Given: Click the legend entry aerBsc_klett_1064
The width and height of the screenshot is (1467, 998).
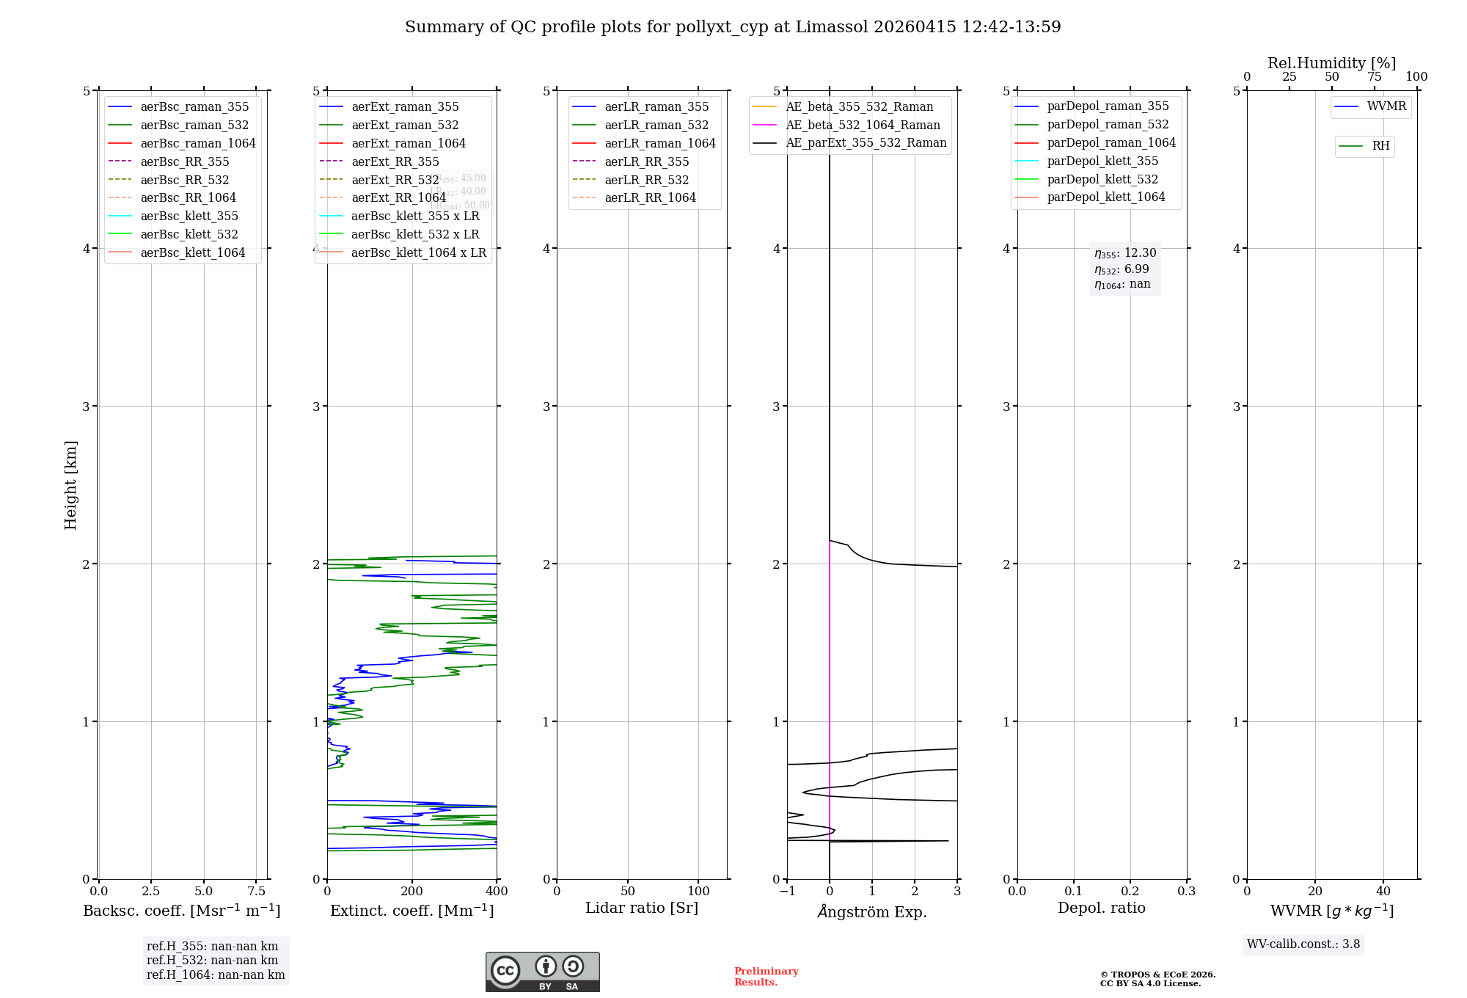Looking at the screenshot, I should tap(192, 252).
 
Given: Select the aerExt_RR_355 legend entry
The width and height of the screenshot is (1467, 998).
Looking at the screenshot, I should tap(395, 161).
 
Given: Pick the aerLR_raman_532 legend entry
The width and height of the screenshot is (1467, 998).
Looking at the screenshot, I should tap(656, 125).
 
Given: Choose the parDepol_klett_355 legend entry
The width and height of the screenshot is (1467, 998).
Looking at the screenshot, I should tap(1102, 161).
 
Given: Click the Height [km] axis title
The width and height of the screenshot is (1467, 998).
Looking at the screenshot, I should tap(70, 484).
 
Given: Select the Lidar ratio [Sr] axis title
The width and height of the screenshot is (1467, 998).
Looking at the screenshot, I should tap(642, 908).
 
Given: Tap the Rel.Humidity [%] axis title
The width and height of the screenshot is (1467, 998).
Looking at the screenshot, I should tap(1331, 63).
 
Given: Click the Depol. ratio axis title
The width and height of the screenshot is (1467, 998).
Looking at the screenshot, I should tap(1101, 908).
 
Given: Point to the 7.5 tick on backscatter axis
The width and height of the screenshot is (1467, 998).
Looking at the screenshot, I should tap(256, 891).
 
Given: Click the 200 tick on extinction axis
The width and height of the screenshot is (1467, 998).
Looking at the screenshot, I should tap(412, 891).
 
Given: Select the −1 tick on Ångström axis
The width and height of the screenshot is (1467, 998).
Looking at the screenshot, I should tap(787, 891).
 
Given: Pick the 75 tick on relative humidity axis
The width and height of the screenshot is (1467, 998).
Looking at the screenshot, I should tap(1374, 77).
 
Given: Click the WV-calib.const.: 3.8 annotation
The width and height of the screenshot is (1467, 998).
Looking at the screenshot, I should tap(1303, 944).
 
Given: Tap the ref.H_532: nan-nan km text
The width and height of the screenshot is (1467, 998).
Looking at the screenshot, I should tap(212, 960).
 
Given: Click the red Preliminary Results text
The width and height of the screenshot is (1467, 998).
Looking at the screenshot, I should tap(766, 976).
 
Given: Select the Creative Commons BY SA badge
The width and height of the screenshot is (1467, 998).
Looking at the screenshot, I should tap(542, 972).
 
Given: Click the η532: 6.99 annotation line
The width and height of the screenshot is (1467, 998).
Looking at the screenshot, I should tap(1122, 269).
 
